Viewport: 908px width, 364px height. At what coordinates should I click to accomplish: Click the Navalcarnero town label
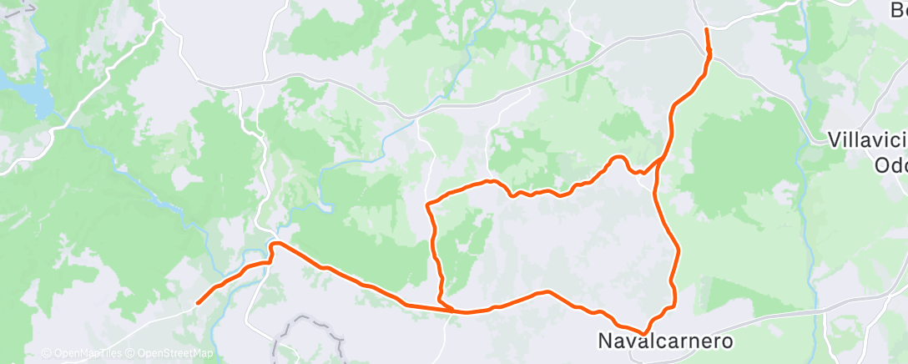[x=665, y=341]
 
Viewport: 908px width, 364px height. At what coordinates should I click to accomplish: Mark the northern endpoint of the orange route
[x=707, y=29]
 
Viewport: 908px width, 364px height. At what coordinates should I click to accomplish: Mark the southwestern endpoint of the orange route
[x=197, y=302]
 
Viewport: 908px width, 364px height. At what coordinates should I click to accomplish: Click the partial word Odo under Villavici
[x=890, y=165]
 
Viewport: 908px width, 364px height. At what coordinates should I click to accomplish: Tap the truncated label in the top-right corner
[x=898, y=10]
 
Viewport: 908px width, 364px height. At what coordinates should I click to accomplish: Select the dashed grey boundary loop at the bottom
[x=309, y=330]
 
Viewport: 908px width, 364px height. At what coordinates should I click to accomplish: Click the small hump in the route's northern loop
[x=618, y=158]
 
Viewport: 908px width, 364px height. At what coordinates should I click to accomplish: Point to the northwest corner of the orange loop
[x=428, y=203]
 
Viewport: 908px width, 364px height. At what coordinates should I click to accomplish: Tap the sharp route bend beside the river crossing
[x=272, y=245]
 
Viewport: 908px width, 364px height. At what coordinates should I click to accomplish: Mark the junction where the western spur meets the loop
[x=451, y=311]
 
